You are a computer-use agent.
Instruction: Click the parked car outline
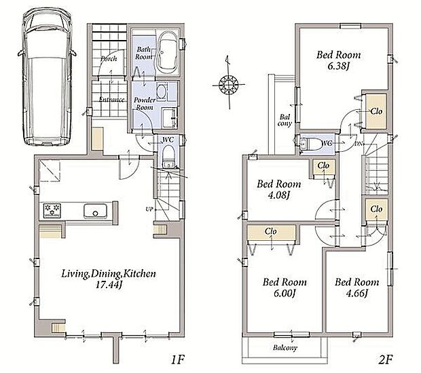[47, 77]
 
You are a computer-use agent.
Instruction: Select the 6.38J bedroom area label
[338, 66]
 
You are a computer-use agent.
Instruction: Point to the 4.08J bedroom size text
[279, 195]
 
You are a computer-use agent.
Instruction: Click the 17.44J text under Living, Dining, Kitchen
[109, 285]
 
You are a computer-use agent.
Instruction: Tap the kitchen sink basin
[95, 212]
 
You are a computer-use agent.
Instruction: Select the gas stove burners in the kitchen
[52, 210]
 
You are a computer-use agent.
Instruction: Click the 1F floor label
[177, 359]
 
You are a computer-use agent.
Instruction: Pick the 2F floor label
[386, 359]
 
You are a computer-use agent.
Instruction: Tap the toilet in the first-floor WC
[169, 157]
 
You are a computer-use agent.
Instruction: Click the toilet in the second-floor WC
[310, 144]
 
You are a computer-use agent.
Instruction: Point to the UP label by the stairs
[149, 209]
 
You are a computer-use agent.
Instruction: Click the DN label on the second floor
[358, 144]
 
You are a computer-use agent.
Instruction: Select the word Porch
[109, 59]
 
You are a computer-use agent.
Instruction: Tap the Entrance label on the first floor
[111, 100]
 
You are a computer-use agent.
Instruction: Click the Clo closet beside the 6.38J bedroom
[376, 111]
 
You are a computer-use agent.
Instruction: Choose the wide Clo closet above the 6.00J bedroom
[271, 233]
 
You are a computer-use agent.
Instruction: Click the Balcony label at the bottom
[285, 348]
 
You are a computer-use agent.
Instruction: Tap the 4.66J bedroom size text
[356, 294]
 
